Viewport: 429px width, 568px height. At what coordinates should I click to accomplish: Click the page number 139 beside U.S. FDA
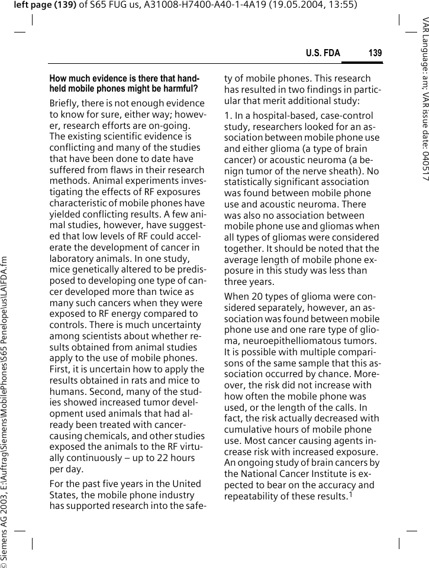click(x=375, y=53)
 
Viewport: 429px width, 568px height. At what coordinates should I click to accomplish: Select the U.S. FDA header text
click(x=323, y=53)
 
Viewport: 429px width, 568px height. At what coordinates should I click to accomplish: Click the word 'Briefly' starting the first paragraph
click(x=66, y=103)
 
